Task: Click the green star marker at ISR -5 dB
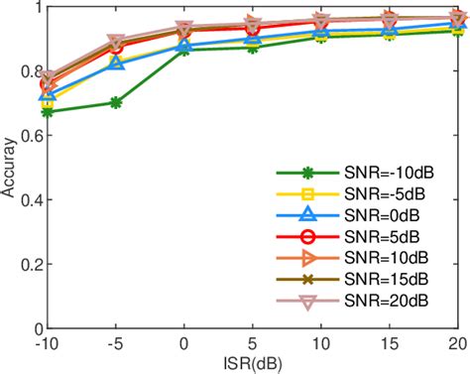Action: point(116,102)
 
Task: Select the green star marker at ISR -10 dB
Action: point(49,112)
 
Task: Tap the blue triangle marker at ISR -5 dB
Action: point(116,63)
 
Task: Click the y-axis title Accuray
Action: point(10,167)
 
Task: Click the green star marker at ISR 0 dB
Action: point(184,49)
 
